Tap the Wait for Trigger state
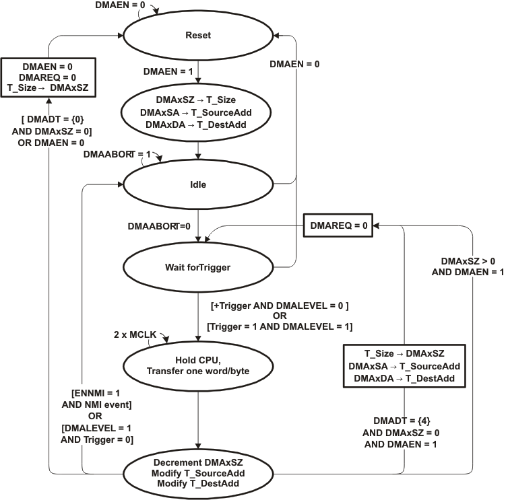click(x=198, y=266)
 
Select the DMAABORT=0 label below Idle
click(x=158, y=227)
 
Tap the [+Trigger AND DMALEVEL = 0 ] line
click(x=280, y=306)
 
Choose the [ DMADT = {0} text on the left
click(x=51, y=118)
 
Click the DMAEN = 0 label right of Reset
click(x=294, y=64)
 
